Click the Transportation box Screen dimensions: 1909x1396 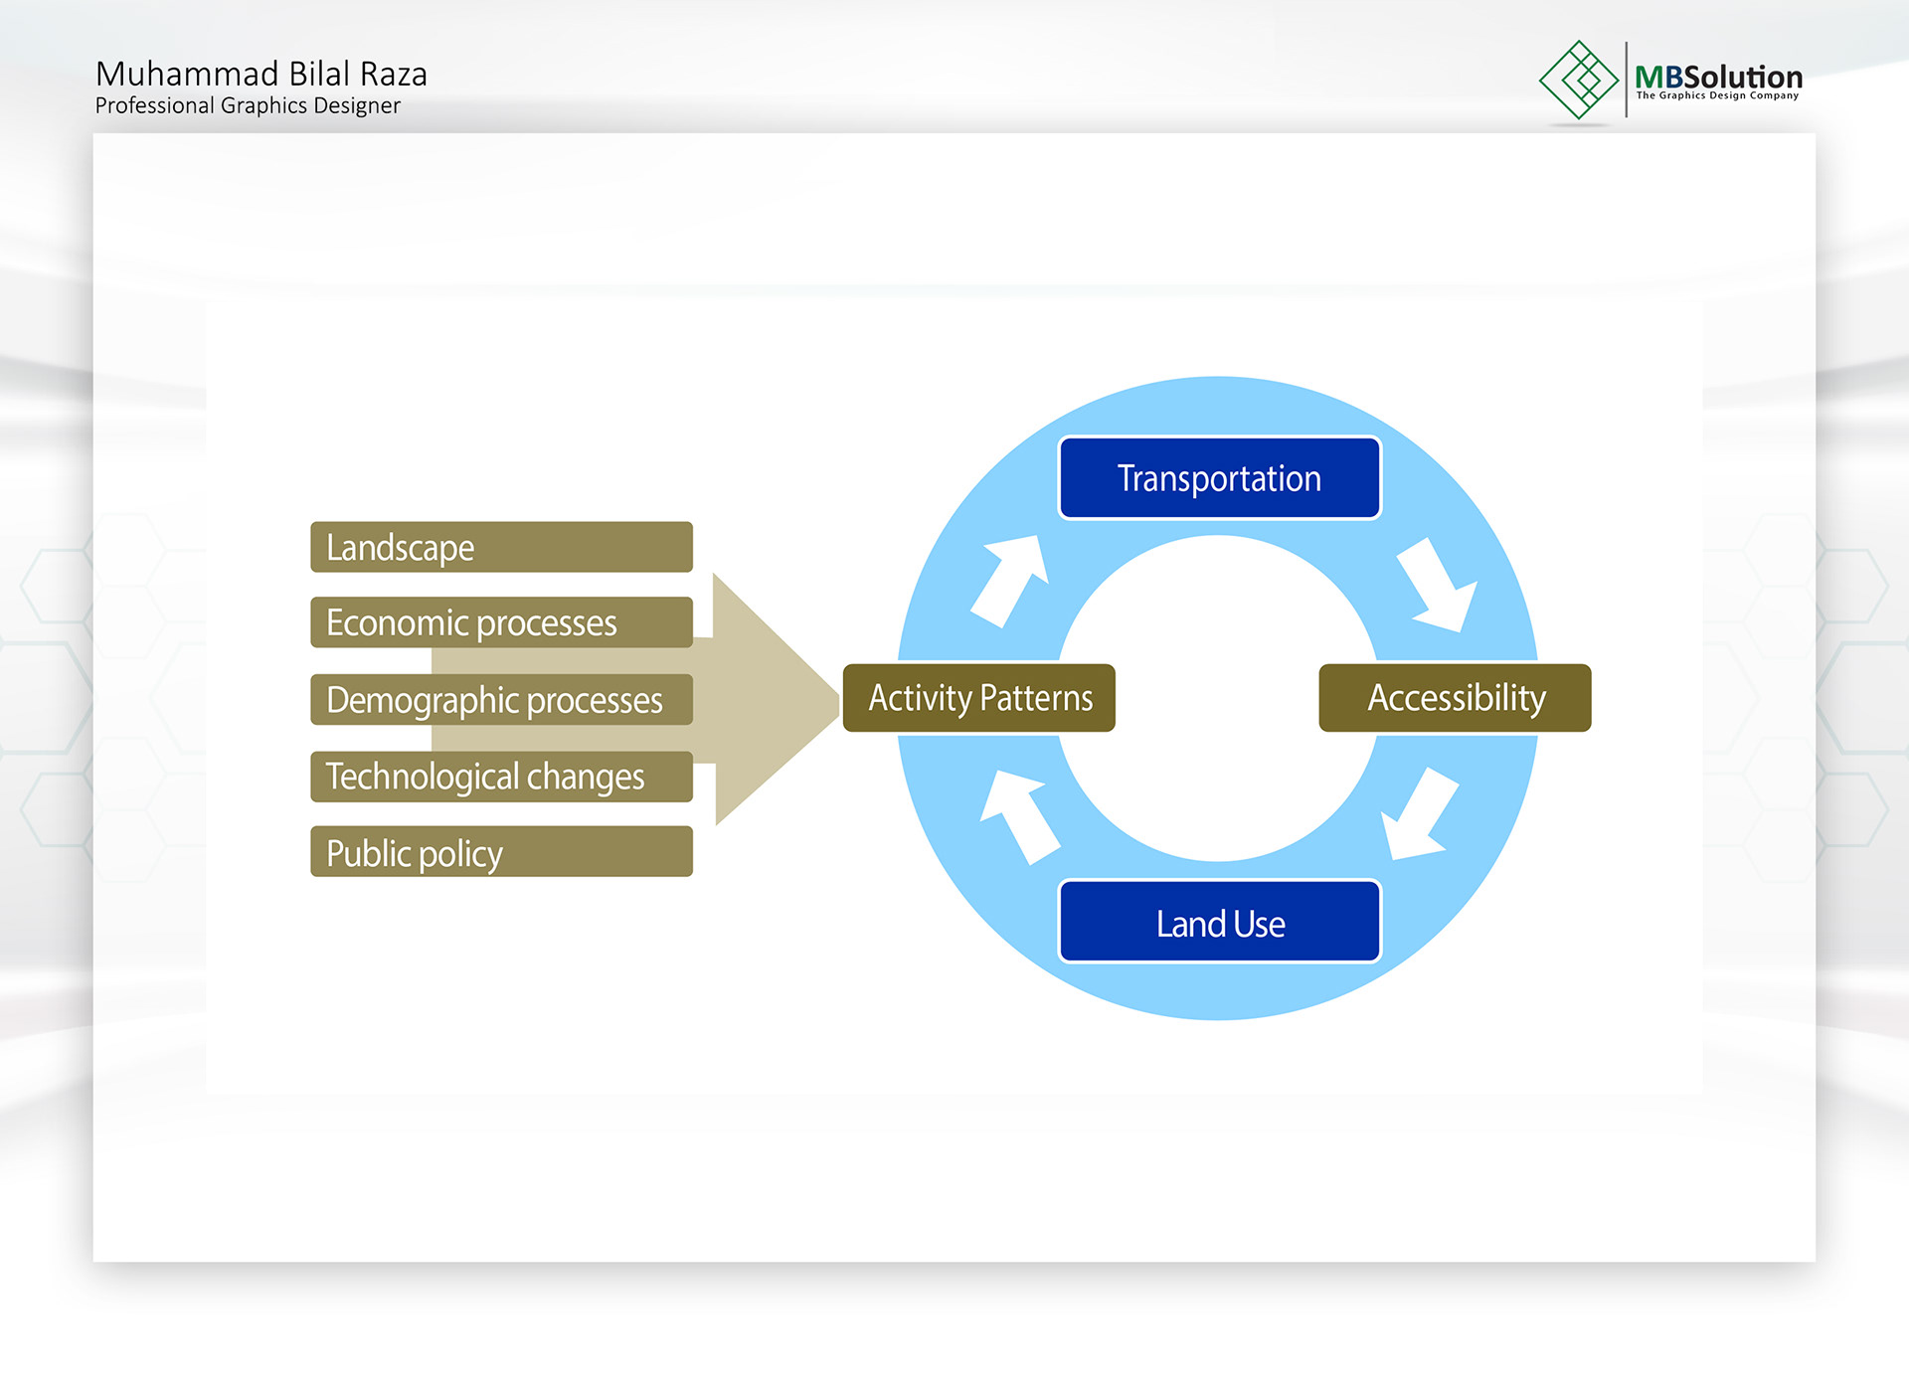[x=1219, y=478]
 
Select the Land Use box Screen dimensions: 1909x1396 [x=1219, y=922]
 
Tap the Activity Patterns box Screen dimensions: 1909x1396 [x=979, y=698]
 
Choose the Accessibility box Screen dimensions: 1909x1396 [x=1455, y=698]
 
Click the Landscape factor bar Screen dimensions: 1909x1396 [x=501, y=547]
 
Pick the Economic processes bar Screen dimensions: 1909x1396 [x=501, y=622]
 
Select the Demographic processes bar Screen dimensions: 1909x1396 [x=501, y=699]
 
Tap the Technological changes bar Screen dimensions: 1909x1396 [x=501, y=777]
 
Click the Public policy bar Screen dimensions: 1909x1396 [x=501, y=851]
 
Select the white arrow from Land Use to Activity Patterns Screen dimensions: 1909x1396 [x=1018, y=817]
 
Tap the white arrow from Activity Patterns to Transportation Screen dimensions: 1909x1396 [x=1010, y=581]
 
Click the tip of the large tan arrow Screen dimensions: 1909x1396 [x=840, y=699]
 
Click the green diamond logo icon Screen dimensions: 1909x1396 [x=1579, y=80]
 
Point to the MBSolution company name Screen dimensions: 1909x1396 [x=1718, y=76]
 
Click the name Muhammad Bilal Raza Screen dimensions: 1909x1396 [x=261, y=74]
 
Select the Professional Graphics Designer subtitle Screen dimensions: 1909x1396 [x=248, y=105]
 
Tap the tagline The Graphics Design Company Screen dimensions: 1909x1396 [x=1717, y=95]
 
